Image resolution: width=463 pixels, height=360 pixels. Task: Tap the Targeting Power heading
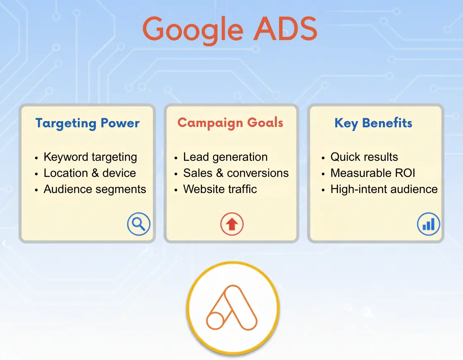pos(87,123)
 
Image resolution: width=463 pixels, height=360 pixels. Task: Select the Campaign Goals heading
pos(230,123)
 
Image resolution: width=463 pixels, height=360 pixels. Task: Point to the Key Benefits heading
pos(373,123)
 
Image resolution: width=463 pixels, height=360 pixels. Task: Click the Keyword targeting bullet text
pos(90,157)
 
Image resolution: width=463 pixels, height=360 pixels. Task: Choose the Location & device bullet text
pos(90,173)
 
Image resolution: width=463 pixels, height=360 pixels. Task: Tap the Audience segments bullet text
pos(95,189)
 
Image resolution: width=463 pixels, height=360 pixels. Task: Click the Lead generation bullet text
pos(225,157)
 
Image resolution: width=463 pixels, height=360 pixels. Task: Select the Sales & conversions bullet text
pos(236,173)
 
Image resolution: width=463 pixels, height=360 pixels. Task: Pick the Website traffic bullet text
pos(220,189)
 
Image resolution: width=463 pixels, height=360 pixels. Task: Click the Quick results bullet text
pos(364,157)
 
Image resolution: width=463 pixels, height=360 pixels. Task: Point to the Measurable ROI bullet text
pos(372,173)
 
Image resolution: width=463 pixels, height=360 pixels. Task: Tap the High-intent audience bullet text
pos(384,189)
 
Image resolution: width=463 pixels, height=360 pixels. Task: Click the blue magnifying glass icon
pos(138,224)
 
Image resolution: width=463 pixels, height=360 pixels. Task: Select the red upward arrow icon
pos(231,224)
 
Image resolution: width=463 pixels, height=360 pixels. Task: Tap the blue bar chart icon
pos(428,224)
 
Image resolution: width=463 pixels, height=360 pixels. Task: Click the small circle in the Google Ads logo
pos(215,321)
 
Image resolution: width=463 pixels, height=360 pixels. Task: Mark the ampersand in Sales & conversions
pos(220,173)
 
